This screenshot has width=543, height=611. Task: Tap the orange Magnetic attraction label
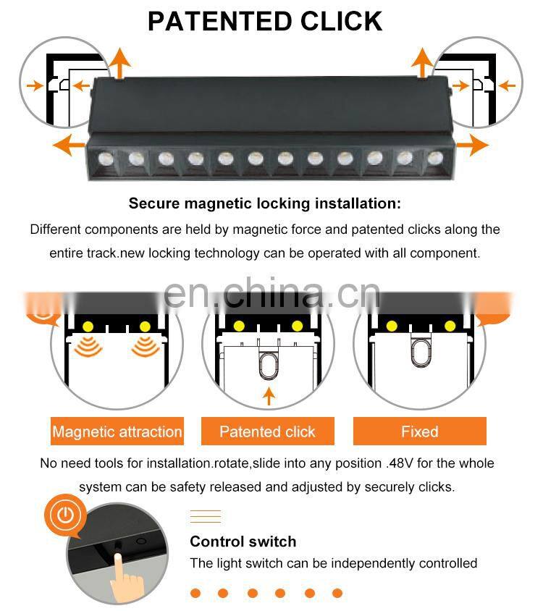click(x=117, y=432)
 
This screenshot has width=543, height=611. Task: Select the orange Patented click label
click(x=267, y=432)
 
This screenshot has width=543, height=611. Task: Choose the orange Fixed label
click(x=420, y=432)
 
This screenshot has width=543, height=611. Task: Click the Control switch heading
click(x=243, y=542)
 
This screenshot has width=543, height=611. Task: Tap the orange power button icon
click(x=66, y=516)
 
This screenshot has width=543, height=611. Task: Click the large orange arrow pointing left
click(x=68, y=145)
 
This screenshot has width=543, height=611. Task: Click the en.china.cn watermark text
click(x=271, y=293)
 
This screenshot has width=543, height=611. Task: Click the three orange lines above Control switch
click(x=205, y=516)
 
